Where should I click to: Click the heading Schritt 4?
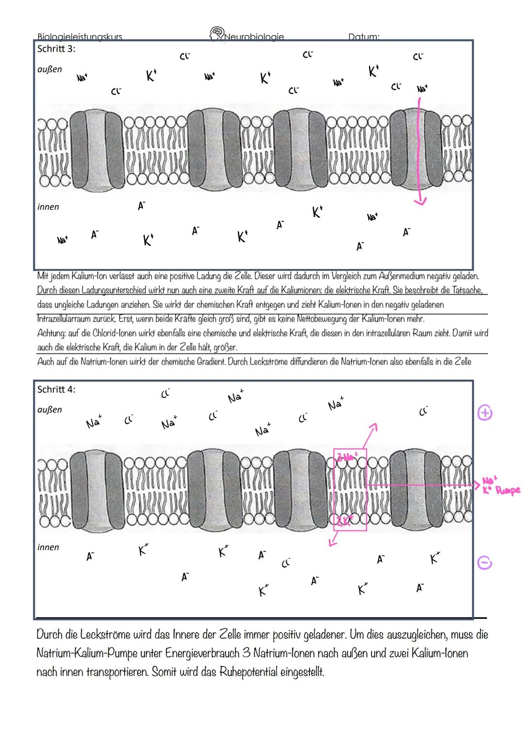56,390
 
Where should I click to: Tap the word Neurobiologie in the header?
255,36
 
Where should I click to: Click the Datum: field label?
363,37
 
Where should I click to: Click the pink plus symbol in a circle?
485,413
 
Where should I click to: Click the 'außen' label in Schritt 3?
49,69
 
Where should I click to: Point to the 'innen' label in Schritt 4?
48,547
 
